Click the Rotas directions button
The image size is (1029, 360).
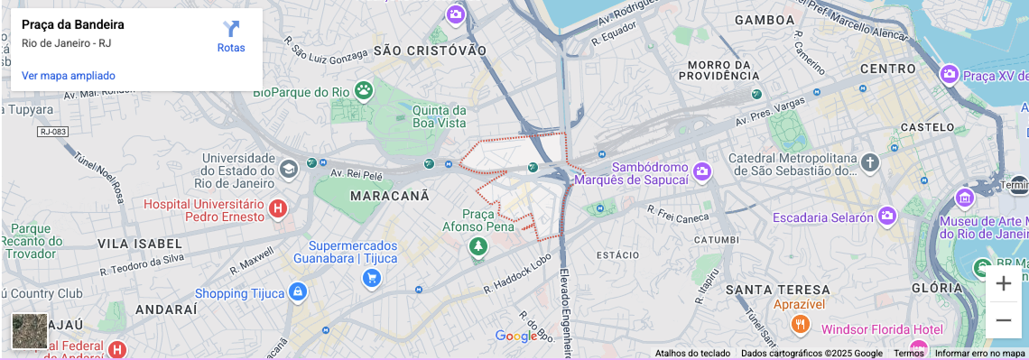tap(231, 36)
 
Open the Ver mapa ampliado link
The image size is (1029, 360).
tap(69, 76)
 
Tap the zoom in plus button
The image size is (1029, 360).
tap(1003, 284)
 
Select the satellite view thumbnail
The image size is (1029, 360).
tap(29, 331)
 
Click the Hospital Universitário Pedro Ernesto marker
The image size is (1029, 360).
tap(278, 209)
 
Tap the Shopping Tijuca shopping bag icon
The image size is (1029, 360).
tap(299, 292)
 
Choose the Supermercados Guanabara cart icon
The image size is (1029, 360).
tap(371, 278)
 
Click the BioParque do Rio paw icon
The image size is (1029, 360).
tap(363, 90)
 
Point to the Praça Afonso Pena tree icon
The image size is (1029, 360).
tap(478, 245)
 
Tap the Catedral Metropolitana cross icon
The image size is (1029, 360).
tap(869, 163)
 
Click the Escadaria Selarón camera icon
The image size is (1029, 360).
tap(887, 216)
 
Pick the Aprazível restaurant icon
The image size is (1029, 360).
tap(799, 324)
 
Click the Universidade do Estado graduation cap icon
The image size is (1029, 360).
tap(288, 169)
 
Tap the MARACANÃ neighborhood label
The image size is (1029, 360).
tap(389, 195)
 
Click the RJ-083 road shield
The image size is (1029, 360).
tap(53, 132)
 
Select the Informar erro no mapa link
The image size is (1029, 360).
tap(979, 354)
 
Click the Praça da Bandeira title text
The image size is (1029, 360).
tap(73, 24)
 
